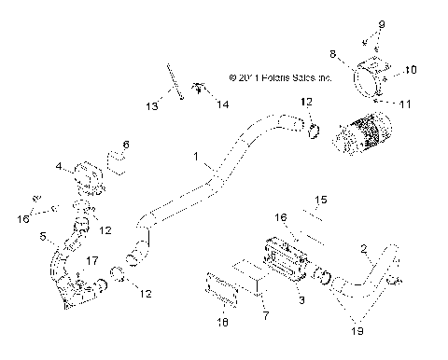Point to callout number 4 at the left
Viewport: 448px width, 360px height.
point(58,167)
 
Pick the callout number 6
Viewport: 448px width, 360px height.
point(127,145)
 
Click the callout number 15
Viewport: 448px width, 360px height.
point(320,200)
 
